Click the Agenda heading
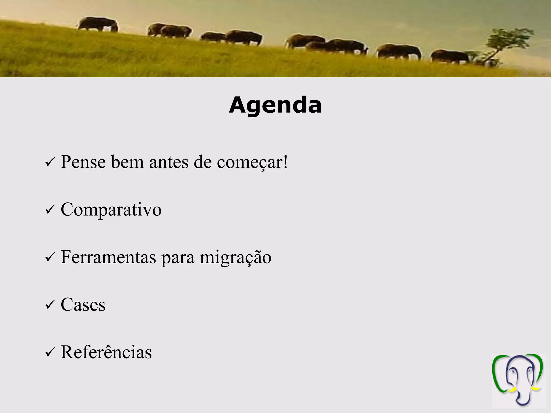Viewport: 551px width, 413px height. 275,105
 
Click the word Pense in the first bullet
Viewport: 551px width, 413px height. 83,162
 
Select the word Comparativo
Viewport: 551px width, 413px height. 111,210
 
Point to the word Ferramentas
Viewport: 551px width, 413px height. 108,257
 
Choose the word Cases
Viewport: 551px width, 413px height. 83,305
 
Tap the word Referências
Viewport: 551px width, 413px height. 106,352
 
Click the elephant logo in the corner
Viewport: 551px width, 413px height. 517,380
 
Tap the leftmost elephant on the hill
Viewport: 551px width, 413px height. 98,24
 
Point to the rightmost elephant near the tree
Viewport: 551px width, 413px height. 450,56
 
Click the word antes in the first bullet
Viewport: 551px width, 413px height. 169,162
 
